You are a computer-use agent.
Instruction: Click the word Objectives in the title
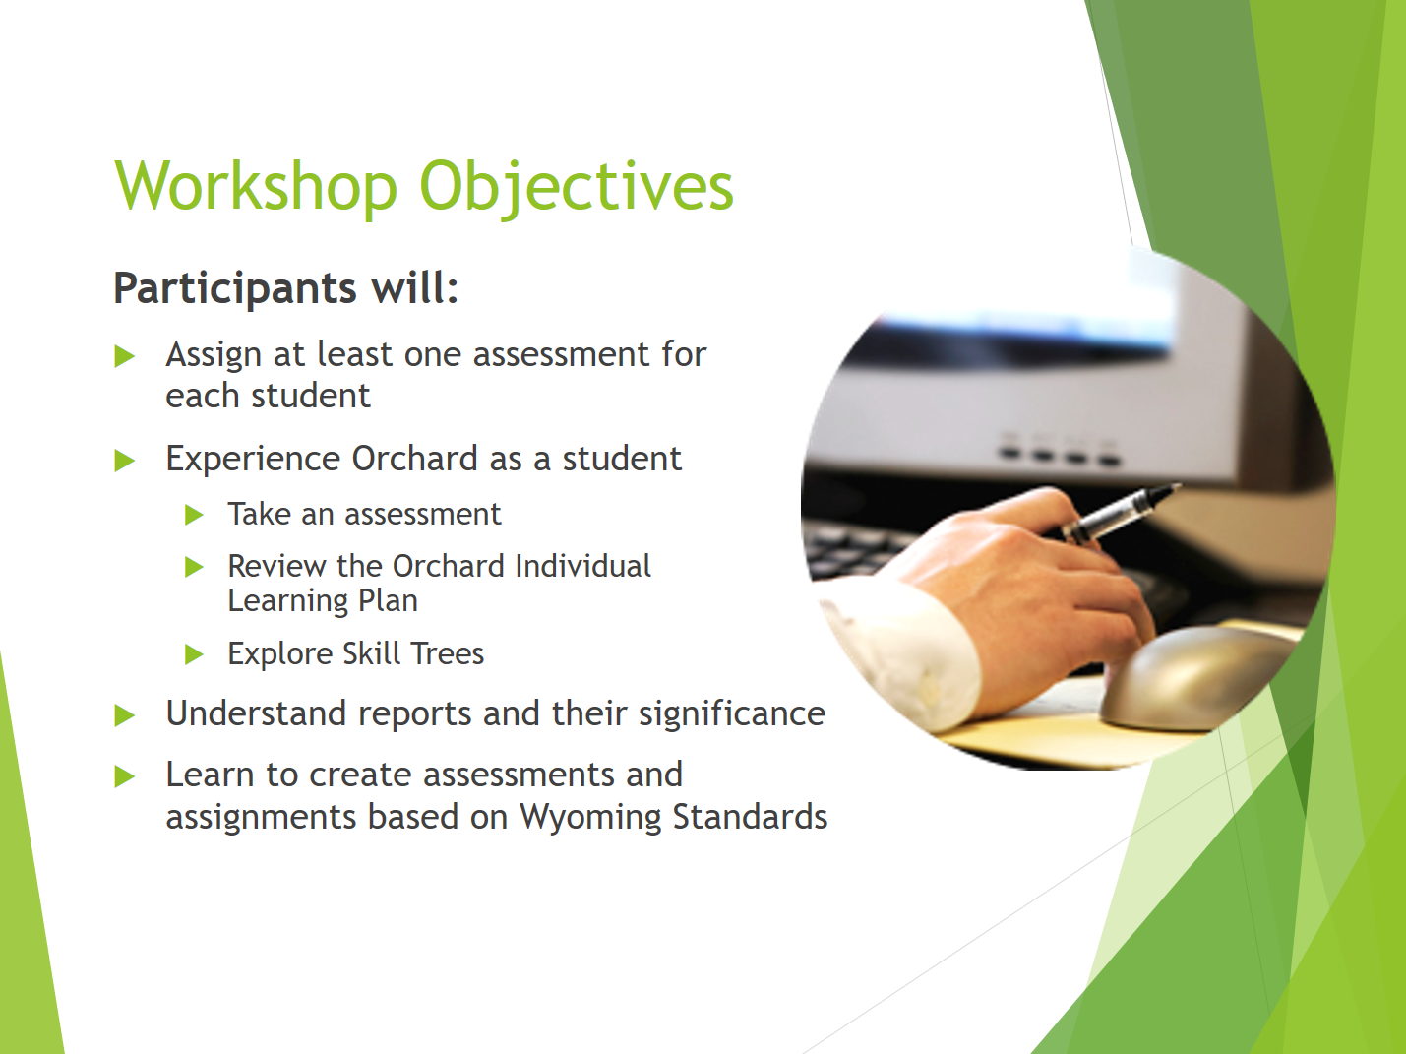[576, 188]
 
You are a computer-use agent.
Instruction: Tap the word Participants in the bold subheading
[235, 289]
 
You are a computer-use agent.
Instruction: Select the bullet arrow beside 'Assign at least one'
[124, 356]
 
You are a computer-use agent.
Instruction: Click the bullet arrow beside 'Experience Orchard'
[124, 460]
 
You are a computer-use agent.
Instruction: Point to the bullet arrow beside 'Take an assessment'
[194, 515]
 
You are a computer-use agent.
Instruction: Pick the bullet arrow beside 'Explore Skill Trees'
[194, 654]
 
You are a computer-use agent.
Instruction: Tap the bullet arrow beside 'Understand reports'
[124, 715]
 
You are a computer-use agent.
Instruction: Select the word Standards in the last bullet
[750, 816]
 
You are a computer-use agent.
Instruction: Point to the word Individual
[582, 566]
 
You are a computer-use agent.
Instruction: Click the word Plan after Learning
[388, 601]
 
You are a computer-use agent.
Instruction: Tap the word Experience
[253, 460]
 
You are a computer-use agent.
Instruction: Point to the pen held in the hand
[1120, 514]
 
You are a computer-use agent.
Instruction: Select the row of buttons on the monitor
[1059, 451]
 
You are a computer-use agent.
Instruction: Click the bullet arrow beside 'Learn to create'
[124, 776]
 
